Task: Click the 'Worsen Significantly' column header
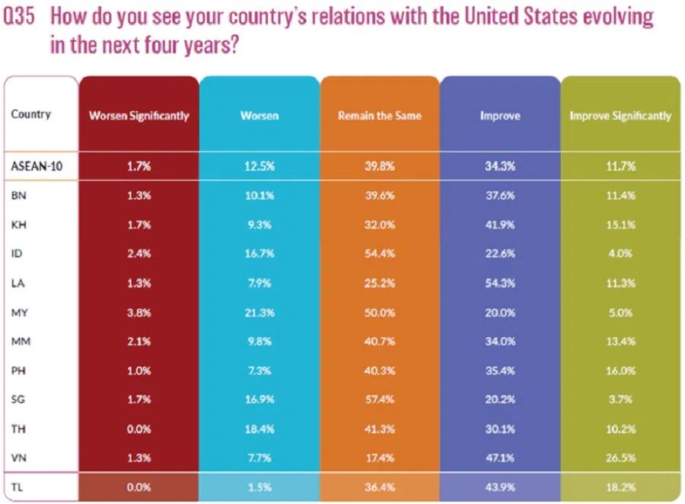click(x=139, y=116)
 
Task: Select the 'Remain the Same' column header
click(x=379, y=116)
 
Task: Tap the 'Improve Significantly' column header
click(x=620, y=116)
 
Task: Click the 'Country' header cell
click(x=31, y=114)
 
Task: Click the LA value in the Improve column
click(x=499, y=282)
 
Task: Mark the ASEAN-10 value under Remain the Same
click(x=379, y=164)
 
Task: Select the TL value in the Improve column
click(x=499, y=486)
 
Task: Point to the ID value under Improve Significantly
click(x=620, y=253)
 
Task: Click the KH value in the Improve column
click(x=499, y=224)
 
